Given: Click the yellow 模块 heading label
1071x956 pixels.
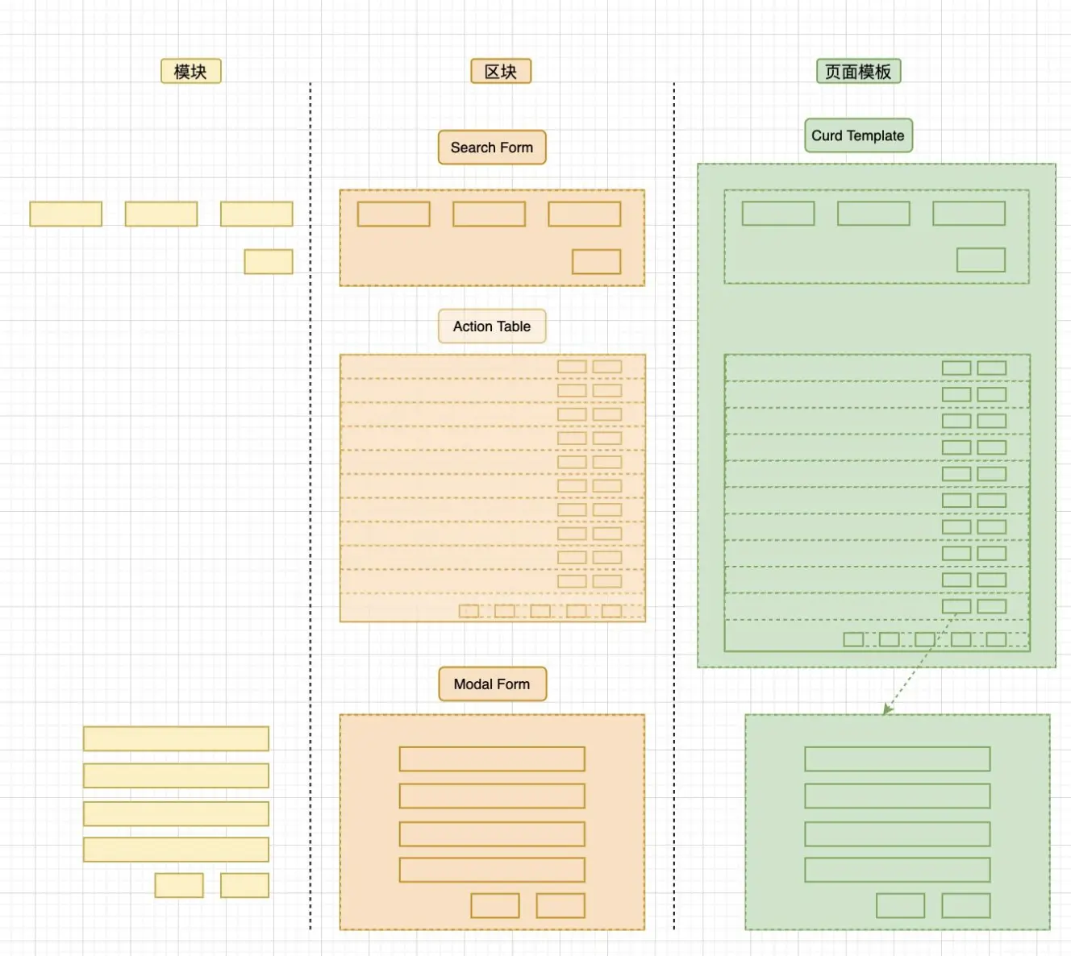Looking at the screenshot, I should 191,72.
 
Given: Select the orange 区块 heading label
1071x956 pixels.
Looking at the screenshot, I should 501,72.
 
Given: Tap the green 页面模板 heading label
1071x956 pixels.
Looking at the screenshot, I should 858,72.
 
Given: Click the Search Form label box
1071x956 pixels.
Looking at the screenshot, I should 492,148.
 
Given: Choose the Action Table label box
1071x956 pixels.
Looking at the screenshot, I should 492,326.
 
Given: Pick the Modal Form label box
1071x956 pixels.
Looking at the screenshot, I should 492,684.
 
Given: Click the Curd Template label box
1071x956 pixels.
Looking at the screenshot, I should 858,135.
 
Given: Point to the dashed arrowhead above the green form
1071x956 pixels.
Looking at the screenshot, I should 886,709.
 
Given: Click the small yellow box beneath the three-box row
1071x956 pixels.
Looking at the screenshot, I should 269,262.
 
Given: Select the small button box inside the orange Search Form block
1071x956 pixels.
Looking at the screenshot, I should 596,262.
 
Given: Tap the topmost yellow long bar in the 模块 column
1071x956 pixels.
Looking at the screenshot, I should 176,738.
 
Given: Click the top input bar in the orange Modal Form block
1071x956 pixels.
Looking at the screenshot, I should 492,759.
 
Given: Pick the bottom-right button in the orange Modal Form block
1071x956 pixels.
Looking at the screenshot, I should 561,905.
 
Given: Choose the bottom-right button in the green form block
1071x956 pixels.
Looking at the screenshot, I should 966,905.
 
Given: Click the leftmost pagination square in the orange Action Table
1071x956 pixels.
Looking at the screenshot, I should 469,611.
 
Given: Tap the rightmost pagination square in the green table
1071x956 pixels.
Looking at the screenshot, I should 996,639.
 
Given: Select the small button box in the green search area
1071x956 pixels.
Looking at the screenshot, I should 981,260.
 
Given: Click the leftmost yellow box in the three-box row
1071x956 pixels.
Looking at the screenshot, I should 66,214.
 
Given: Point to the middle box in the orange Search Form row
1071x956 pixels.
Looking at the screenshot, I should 489,214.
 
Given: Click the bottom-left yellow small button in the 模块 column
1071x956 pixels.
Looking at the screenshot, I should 179,885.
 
